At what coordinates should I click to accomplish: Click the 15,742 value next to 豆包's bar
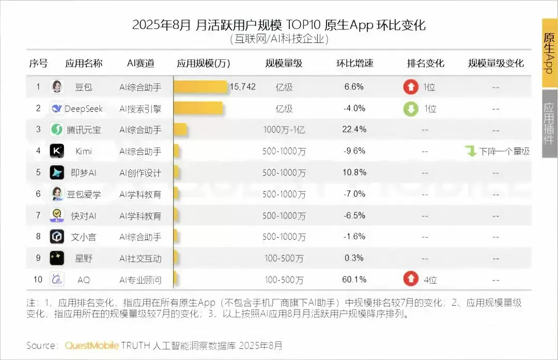click(x=242, y=87)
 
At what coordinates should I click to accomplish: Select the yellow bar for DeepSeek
click(x=198, y=108)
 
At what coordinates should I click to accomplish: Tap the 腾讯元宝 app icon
click(x=57, y=130)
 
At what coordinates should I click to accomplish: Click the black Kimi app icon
click(x=57, y=151)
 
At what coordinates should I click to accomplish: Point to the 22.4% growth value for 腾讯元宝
click(x=354, y=129)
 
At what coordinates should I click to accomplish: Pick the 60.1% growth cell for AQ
click(x=354, y=279)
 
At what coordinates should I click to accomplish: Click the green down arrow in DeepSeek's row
click(x=411, y=108)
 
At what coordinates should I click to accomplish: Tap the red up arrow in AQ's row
click(x=411, y=279)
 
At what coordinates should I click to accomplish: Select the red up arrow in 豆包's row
click(x=411, y=87)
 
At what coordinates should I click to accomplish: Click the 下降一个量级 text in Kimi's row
click(x=504, y=151)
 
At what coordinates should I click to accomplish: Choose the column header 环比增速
click(x=354, y=64)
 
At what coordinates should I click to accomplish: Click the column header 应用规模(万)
click(x=204, y=64)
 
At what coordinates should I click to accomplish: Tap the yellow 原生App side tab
click(x=549, y=53)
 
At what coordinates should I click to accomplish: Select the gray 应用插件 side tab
click(x=549, y=123)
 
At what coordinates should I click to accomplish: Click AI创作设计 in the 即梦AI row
click(x=140, y=173)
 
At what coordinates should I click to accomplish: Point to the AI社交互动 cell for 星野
click(x=140, y=258)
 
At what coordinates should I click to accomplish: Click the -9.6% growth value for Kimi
click(x=354, y=151)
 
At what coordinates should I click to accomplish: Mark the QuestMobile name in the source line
click(x=92, y=345)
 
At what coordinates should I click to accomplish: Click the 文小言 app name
click(x=83, y=237)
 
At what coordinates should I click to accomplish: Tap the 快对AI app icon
click(x=57, y=215)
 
